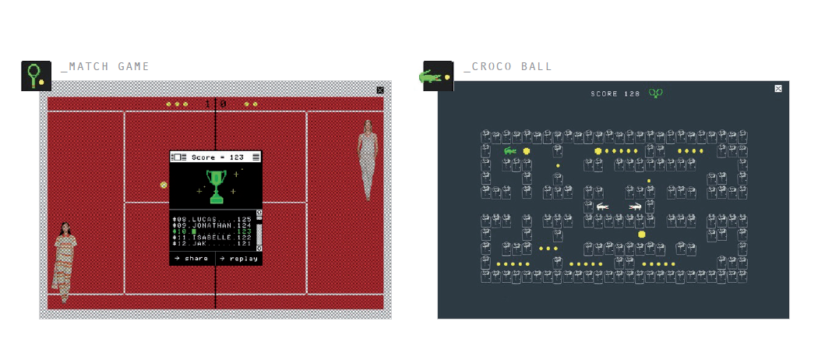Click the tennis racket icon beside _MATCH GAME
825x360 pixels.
36,76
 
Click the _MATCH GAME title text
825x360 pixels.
104,67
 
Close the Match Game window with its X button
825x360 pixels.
380,90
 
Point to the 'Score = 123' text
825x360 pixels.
217,157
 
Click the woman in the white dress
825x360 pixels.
367,160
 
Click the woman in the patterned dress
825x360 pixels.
65,262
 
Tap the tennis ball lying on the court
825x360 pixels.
164,185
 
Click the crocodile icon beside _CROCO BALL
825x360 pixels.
431,76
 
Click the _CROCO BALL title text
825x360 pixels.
507,67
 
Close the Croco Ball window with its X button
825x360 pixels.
778,88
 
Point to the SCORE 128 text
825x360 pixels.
615,94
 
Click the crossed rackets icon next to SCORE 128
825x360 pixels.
657,94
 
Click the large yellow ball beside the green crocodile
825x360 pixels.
527,150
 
